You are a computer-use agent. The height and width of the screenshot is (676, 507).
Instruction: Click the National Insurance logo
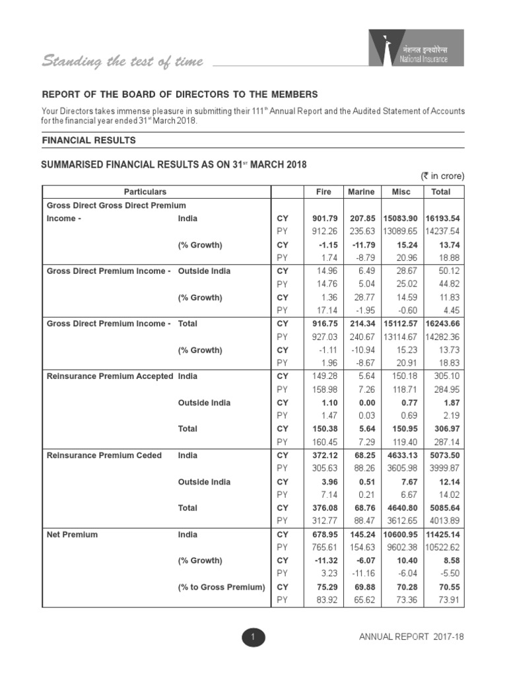(x=416, y=48)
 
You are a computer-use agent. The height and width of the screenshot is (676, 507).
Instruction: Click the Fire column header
(x=321, y=192)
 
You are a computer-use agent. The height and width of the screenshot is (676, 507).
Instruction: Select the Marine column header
(x=361, y=192)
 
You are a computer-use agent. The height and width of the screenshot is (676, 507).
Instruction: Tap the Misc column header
(x=401, y=192)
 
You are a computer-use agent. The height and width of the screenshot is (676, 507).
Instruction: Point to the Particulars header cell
(x=157, y=192)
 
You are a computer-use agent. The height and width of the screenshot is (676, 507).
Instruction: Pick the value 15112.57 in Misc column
(x=401, y=323)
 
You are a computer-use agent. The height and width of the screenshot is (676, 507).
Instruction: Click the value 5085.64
(x=442, y=508)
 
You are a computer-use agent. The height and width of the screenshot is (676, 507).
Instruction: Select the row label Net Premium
(x=72, y=534)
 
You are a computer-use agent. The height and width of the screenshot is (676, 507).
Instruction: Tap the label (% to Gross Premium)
(x=221, y=587)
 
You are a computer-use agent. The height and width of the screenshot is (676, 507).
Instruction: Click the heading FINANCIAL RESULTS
(x=89, y=141)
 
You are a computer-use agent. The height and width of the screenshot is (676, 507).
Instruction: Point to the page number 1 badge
(x=253, y=637)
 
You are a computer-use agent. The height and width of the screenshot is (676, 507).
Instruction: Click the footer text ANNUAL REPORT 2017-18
(x=411, y=637)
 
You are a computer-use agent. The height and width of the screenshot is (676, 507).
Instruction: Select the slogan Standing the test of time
(x=123, y=62)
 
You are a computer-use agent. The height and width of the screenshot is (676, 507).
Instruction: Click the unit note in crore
(x=443, y=176)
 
